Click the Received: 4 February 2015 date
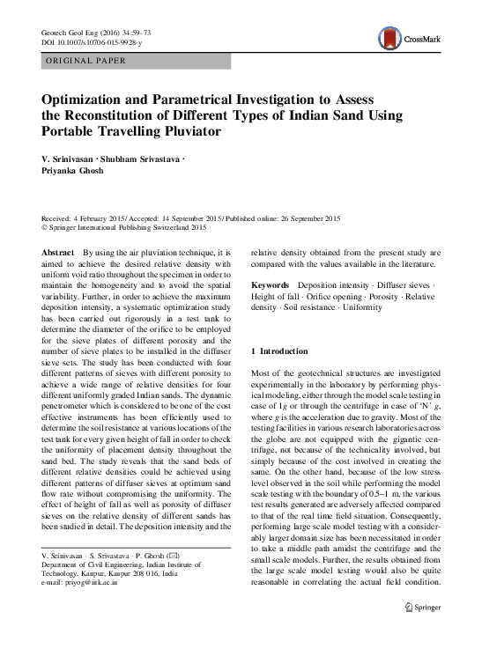(89, 216)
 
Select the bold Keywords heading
(271, 286)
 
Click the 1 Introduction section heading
(281, 350)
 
